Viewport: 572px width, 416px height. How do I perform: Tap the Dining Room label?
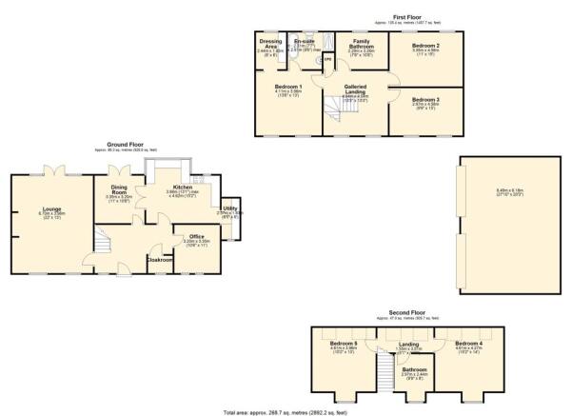click(118, 189)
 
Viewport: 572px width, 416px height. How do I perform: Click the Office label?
click(196, 236)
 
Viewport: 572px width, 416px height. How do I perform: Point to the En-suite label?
click(304, 42)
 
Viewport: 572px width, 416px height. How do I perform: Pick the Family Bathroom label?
click(361, 45)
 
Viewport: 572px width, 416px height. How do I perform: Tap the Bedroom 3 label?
click(424, 99)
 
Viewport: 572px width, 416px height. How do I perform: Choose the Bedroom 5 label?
click(343, 343)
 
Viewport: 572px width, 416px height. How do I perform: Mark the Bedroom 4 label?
click(467, 343)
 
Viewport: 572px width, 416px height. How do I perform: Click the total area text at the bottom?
click(286, 409)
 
